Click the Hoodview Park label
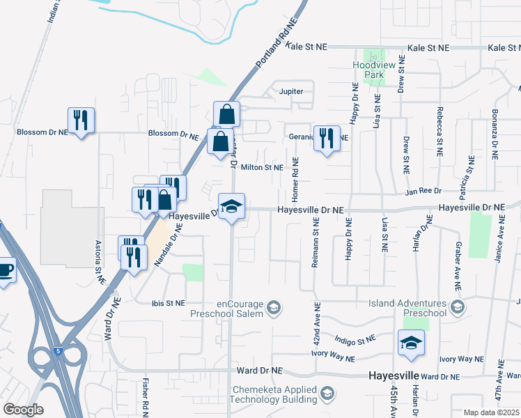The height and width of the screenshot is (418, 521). [374, 69]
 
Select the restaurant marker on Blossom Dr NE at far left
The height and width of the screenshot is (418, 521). [81, 121]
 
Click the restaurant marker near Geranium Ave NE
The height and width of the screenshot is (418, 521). [326, 138]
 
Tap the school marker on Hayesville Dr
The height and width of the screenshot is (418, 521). [232, 207]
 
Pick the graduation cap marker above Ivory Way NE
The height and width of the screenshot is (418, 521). [411, 343]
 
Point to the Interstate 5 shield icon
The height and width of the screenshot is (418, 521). [58, 352]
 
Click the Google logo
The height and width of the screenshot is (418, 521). [23, 410]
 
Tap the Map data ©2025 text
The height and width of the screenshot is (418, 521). [491, 412]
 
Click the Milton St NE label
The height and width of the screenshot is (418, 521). [262, 167]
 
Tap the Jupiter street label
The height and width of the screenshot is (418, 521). [291, 91]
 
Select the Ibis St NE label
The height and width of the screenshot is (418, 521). [169, 303]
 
